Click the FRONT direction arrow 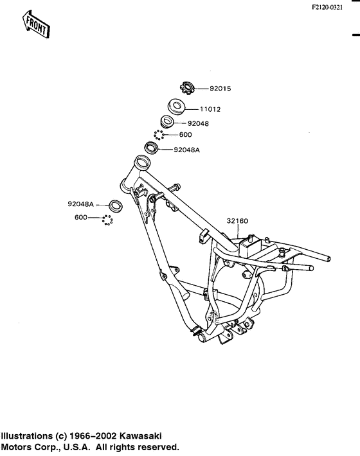pyautogui.click(x=36, y=24)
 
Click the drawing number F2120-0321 pyautogui.click(x=327, y=8)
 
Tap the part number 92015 pyautogui.click(x=221, y=89)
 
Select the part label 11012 pyautogui.click(x=210, y=109)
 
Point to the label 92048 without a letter pyautogui.click(x=198, y=123)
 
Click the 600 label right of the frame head pyautogui.click(x=185, y=135)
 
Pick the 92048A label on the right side pyautogui.click(x=187, y=150)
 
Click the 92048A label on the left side pyautogui.click(x=80, y=204)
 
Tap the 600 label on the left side pyautogui.click(x=81, y=217)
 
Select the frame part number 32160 pyautogui.click(x=237, y=221)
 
